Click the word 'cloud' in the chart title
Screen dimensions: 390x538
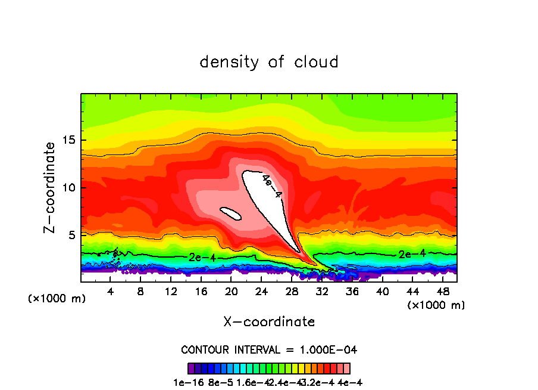point(317,61)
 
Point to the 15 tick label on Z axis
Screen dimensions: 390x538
point(68,141)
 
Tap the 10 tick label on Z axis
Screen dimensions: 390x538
point(68,188)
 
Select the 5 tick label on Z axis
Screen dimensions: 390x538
point(71,235)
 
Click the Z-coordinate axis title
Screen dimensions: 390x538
point(50,187)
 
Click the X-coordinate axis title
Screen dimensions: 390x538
point(269,322)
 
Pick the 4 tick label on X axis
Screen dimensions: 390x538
point(111,292)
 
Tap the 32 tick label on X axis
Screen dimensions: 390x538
point(322,292)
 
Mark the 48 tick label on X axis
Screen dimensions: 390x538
point(443,292)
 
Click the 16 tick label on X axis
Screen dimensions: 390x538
point(201,292)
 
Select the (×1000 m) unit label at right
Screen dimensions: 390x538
point(436,305)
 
